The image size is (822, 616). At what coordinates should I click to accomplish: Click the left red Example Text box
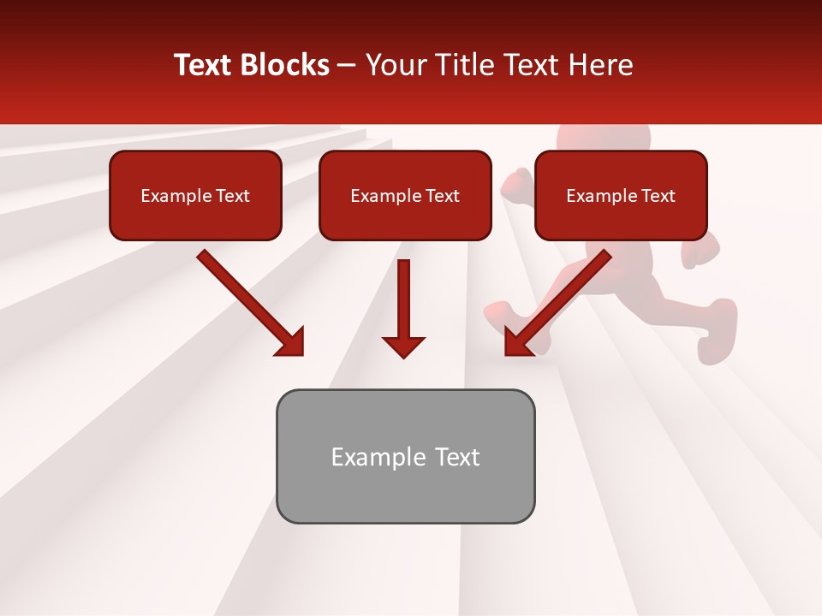(x=195, y=196)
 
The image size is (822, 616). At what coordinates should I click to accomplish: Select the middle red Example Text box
(x=405, y=196)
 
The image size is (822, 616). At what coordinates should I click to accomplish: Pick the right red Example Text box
(x=621, y=196)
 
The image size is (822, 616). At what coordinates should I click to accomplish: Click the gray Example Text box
(x=405, y=457)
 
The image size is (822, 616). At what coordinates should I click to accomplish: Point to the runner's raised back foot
(x=718, y=334)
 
